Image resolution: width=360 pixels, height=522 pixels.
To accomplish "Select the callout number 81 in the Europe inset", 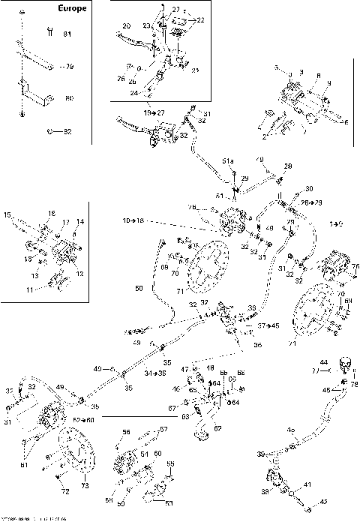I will click(67, 34).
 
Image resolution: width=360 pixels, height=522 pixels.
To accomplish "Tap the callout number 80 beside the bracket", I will click(69, 97).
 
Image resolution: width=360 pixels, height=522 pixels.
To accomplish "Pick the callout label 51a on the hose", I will click(228, 161).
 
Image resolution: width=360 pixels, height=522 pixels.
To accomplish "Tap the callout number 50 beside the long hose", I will click(139, 288).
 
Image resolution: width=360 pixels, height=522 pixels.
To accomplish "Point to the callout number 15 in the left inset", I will click(7, 215).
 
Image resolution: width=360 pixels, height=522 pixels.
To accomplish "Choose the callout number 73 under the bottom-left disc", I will click(85, 486).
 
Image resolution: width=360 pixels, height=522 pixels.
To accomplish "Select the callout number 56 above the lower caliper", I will click(126, 432).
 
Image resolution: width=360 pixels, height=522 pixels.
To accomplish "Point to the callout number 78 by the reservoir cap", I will click(355, 384).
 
